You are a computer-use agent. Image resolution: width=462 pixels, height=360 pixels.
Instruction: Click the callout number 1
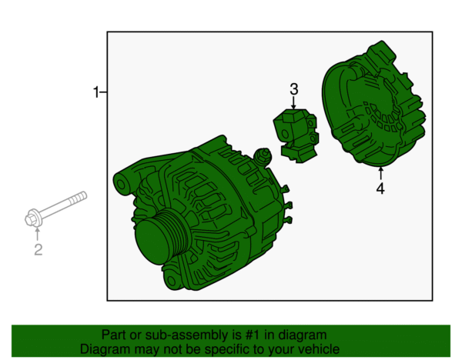click(x=96, y=92)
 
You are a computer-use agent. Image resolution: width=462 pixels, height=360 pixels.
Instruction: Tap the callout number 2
click(x=38, y=250)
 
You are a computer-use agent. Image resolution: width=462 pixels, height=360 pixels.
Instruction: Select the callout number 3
click(x=294, y=89)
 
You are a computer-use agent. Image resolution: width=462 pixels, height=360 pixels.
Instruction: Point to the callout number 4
click(x=380, y=188)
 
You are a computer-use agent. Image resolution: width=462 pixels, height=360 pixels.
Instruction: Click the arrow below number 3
click(x=293, y=103)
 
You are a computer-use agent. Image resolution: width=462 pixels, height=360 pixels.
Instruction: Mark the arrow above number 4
click(x=380, y=173)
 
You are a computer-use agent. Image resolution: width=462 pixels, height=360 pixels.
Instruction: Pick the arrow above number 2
click(x=37, y=234)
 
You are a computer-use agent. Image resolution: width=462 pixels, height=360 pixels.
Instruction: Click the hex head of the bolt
click(x=31, y=219)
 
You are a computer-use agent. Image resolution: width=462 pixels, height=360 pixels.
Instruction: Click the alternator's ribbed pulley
click(x=161, y=237)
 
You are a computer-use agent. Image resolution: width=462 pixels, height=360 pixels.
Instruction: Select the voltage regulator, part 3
click(x=296, y=135)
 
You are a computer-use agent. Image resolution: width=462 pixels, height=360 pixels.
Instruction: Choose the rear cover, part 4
click(x=373, y=104)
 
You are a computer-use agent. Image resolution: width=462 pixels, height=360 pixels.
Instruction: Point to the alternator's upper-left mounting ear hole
click(x=121, y=185)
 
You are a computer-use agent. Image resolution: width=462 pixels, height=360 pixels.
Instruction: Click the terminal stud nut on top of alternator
click(x=263, y=155)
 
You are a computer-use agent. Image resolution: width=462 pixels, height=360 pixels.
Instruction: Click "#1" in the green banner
click(x=253, y=335)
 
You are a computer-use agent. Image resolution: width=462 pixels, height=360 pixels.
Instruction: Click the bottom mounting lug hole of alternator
click(x=172, y=281)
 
